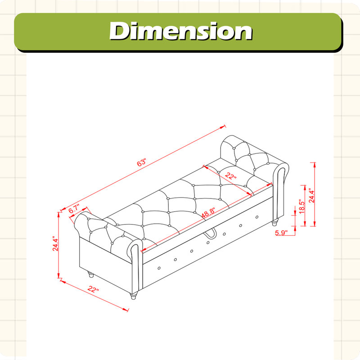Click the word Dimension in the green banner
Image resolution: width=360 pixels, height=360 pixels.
[x=181, y=31]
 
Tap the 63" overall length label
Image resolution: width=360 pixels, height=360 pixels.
[x=142, y=162]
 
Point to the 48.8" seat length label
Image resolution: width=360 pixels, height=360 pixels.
[x=208, y=212]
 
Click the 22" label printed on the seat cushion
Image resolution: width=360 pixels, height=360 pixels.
[x=230, y=176]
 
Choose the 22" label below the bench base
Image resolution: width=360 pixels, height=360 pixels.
[x=93, y=289]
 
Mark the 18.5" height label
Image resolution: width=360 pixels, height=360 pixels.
[x=302, y=207]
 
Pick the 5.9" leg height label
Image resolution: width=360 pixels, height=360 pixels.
[x=281, y=233]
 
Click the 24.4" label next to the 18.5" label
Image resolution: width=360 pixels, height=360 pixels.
[x=311, y=196]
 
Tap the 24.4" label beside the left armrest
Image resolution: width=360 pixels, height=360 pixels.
[x=55, y=243]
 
